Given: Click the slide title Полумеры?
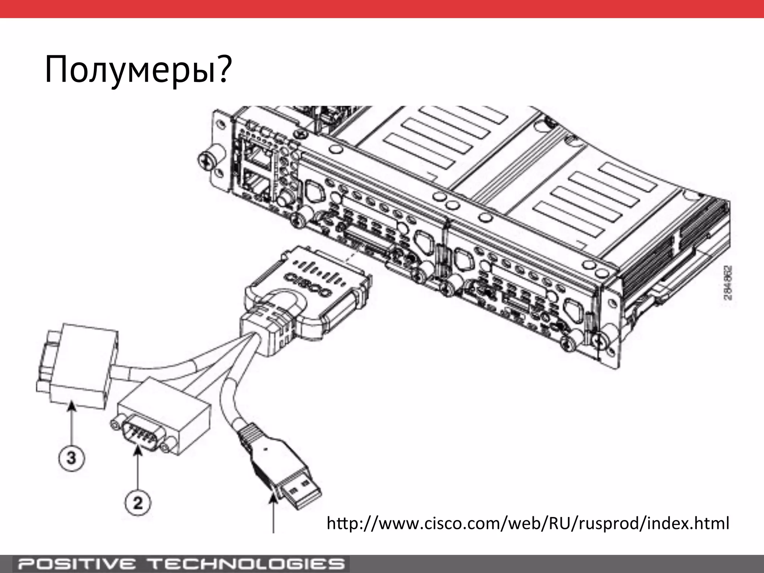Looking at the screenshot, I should (138, 70).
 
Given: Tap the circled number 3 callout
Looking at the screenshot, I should (71, 458).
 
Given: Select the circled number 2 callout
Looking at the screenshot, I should (138, 503).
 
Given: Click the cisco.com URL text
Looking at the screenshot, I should (527, 523).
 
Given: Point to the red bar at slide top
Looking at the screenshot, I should (382, 9).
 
